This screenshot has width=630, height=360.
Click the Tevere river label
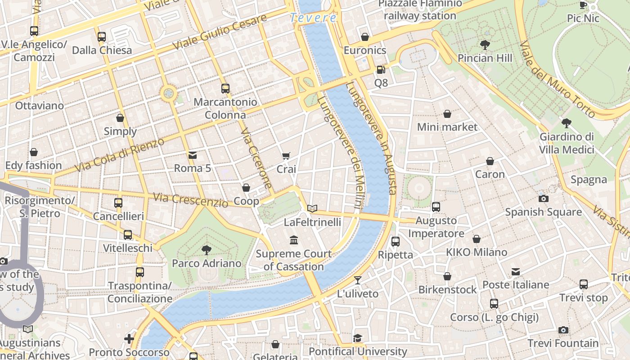pos(313,18)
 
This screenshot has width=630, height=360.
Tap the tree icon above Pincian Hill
pos(485,45)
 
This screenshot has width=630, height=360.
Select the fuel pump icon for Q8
pos(381,70)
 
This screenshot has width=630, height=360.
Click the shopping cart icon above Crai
pos(286,156)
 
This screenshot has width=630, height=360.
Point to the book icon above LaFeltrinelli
pos(312,208)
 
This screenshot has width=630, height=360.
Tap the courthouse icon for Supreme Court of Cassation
pos(294,240)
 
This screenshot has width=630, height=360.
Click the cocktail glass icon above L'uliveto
pos(358,280)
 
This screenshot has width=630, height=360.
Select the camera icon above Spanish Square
pos(543,198)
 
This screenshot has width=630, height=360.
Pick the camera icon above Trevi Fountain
pos(563,330)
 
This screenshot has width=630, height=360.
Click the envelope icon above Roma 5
pos(193,155)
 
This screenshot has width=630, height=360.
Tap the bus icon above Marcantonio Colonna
pos(225,89)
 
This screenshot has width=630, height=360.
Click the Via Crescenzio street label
pos(190,200)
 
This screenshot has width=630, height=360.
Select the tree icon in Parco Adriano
pos(207,250)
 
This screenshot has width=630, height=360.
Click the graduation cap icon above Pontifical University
pos(358,338)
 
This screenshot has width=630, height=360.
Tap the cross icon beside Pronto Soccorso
pos(129,338)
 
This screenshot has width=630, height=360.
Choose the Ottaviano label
pos(39,106)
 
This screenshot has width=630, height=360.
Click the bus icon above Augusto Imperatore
pos(436,207)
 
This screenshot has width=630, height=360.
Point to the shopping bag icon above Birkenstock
pos(447,276)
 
